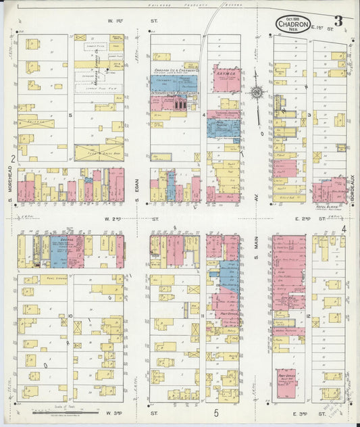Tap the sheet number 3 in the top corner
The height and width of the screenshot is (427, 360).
(337, 21)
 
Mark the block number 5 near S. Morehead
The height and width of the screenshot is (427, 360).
(70, 116)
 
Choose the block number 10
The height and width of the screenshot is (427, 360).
(70, 316)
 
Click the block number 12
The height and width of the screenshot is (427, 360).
(307, 316)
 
